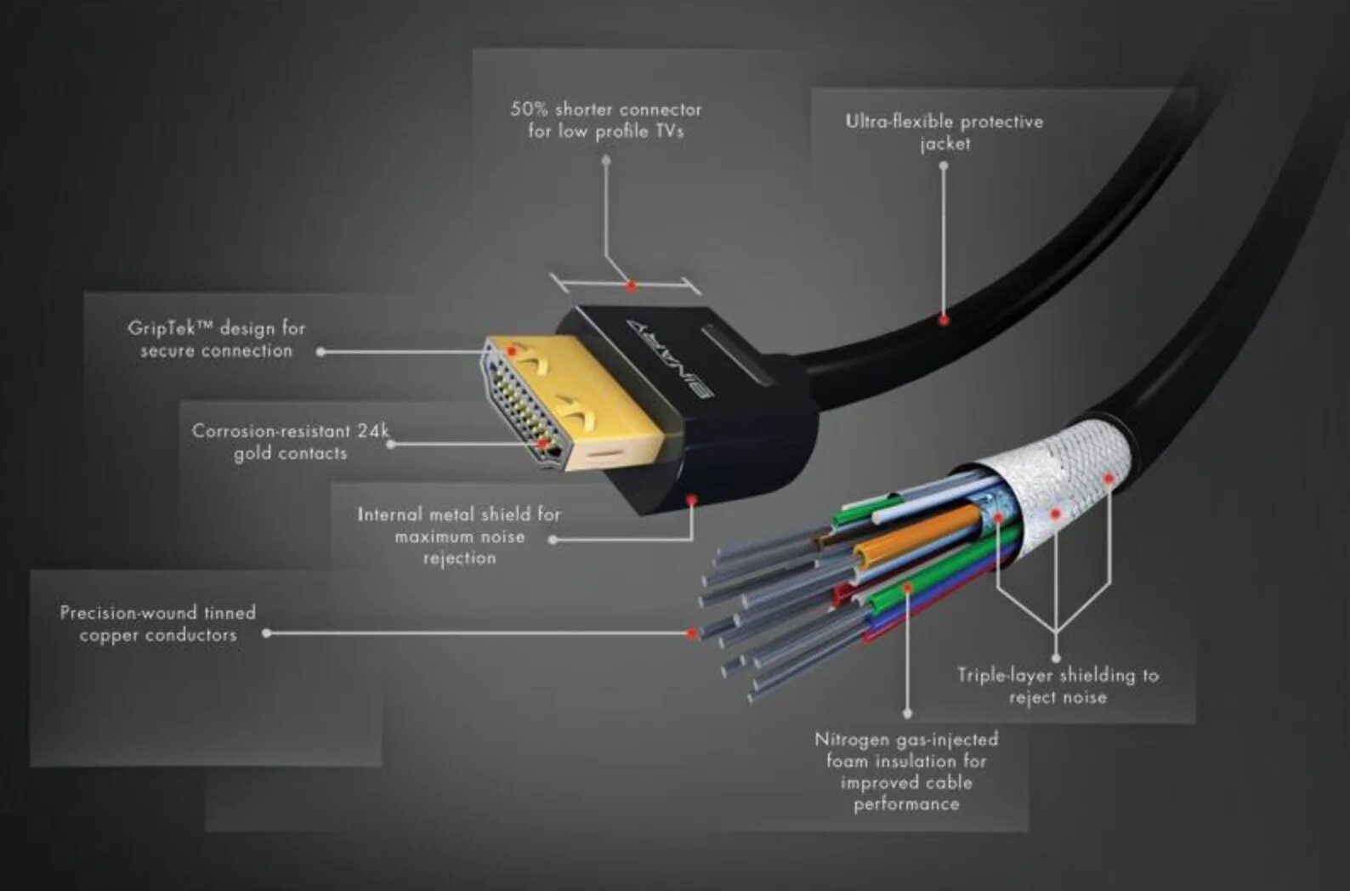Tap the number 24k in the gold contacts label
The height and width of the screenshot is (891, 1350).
coord(372,431)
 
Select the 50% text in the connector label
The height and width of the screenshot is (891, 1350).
coord(529,110)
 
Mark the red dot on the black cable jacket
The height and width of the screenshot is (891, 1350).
coord(944,321)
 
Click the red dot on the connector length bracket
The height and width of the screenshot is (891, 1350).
coord(631,287)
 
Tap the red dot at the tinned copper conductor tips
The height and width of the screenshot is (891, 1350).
coord(692,634)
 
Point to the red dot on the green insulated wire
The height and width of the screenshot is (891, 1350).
coord(907,588)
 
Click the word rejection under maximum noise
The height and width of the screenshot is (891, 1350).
coord(459,559)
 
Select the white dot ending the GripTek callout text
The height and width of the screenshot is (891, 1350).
coord(320,352)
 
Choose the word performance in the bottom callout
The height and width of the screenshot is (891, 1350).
coord(906,804)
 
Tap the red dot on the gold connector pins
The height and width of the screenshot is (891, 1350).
coord(542,443)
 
